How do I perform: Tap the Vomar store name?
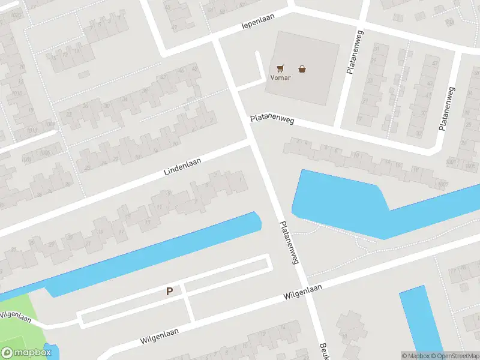(x=280, y=78)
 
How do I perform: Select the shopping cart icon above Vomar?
(x=280, y=68)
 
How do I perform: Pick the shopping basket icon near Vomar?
(x=302, y=68)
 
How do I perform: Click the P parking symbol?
(x=170, y=292)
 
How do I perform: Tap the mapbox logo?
(x=26, y=353)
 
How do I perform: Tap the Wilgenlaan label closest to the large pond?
(x=303, y=292)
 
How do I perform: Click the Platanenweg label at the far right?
(x=447, y=109)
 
